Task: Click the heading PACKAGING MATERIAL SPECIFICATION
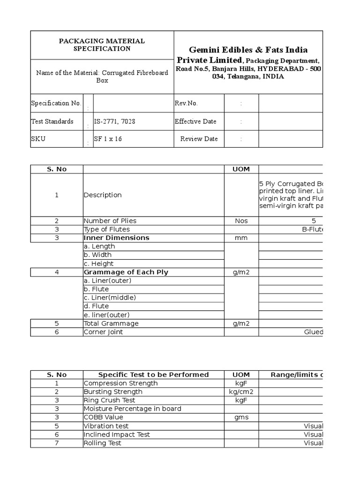click(102, 45)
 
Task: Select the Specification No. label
click(56, 103)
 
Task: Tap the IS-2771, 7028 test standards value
click(115, 121)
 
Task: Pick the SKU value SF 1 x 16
click(108, 139)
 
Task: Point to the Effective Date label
click(195, 121)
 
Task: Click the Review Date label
click(199, 139)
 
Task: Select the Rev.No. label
click(186, 103)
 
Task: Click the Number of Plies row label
click(110, 221)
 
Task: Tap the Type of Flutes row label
click(107, 229)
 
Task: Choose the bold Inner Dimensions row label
click(116, 238)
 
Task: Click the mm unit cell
click(241, 238)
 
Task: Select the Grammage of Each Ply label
click(126, 272)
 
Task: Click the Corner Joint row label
click(104, 332)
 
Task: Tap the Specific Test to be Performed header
click(153, 375)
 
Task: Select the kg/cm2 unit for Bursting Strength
click(241, 391)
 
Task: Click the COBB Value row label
click(103, 417)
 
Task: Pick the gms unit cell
click(241, 417)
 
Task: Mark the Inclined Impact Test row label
click(116, 435)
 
